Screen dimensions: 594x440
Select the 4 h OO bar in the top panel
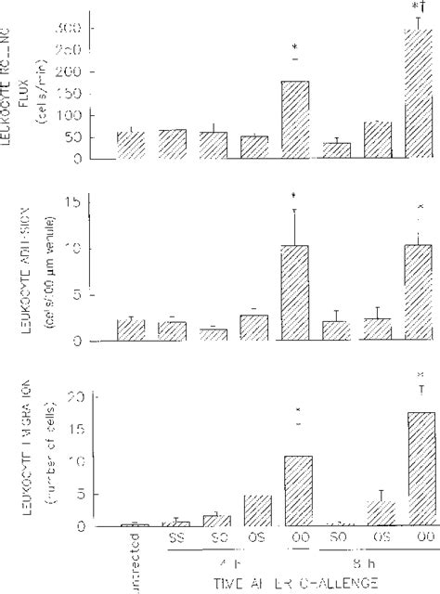[x=295, y=120]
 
